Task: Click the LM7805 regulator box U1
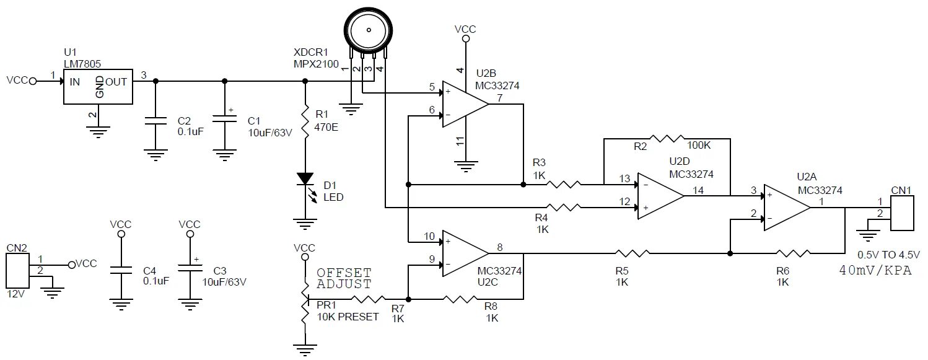point(99,86)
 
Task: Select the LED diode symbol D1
point(305,179)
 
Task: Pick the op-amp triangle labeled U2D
point(659,196)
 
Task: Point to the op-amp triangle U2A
point(786,208)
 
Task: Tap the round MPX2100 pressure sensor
point(369,29)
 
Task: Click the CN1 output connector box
point(901,213)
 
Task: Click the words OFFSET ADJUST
point(344,279)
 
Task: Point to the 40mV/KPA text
point(875,271)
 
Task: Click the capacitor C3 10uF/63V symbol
point(189,270)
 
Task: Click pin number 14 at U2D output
point(699,190)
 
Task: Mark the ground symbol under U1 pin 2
point(98,131)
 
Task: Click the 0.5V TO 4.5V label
point(888,255)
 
